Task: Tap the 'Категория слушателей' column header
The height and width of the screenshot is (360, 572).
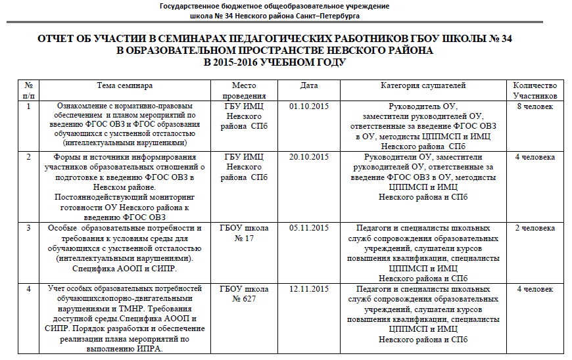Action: [x=423, y=85]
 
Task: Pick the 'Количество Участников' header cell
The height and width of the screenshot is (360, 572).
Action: [x=535, y=91]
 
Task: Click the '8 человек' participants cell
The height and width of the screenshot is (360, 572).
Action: [x=535, y=105]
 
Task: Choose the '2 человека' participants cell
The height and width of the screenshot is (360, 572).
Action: [x=535, y=228]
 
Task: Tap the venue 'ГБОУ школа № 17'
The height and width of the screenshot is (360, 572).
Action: [x=245, y=233]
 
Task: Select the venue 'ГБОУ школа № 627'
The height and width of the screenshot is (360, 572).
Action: [x=245, y=294]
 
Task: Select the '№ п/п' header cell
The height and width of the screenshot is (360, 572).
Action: [x=28, y=91]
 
